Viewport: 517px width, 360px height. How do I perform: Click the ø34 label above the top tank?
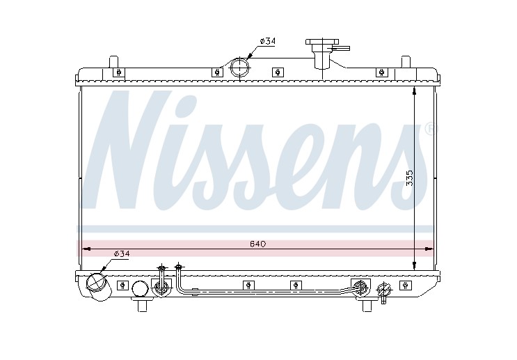pyautogui.click(x=267, y=41)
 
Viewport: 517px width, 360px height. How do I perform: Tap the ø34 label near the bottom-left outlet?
pyautogui.click(x=122, y=253)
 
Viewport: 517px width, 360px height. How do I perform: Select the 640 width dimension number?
pyautogui.click(x=258, y=244)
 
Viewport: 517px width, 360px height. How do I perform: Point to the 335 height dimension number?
pyautogui.click(x=410, y=178)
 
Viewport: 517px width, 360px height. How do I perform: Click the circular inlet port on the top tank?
pyautogui.click(x=240, y=68)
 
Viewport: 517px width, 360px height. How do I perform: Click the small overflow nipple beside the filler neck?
pyautogui.click(x=341, y=48)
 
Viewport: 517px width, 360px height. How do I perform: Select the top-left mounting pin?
pyautogui.click(x=113, y=62)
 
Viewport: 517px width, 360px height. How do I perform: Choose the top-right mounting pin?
pyautogui.click(x=406, y=62)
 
